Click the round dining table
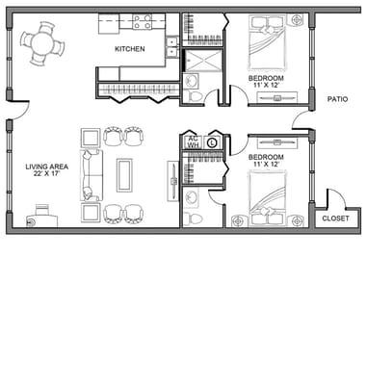tap(40, 41)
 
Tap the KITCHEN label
tap(131, 48)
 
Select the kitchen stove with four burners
tap(143, 20)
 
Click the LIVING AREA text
tap(44, 167)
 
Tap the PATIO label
tap(337, 98)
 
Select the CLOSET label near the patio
tap(336, 218)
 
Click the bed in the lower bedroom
tap(270, 200)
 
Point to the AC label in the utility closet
tap(193, 139)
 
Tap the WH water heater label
tap(193, 146)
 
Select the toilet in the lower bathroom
tap(196, 218)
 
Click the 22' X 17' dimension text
tap(44, 176)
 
